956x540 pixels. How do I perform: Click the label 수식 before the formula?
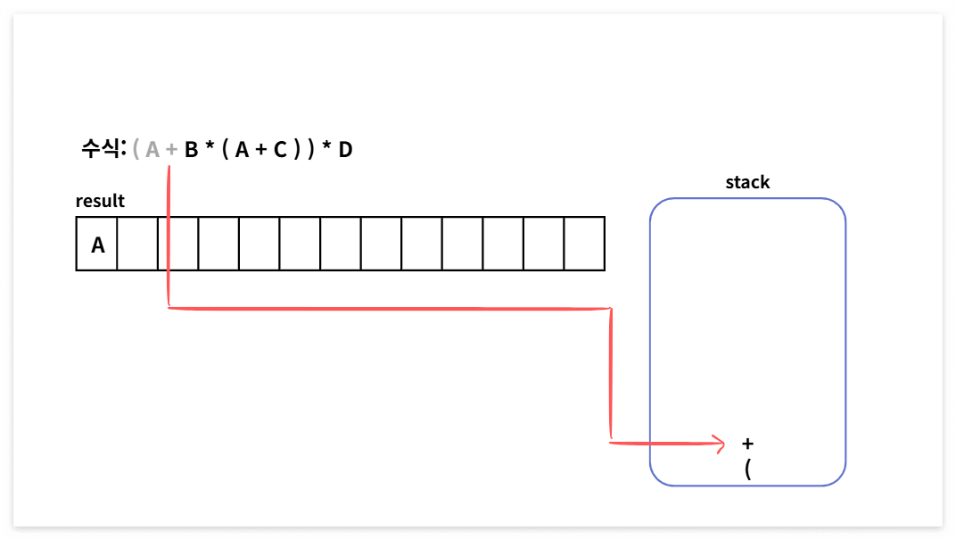[103, 149]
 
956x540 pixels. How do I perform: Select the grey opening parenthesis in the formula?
[136, 150]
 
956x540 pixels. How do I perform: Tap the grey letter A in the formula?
[152, 150]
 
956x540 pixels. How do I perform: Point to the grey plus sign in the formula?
[171, 150]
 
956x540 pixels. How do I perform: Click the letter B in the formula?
[191, 150]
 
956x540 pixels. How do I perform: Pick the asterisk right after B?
[210, 148]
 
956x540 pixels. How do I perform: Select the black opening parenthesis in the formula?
[226, 150]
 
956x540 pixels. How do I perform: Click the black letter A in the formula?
[242, 150]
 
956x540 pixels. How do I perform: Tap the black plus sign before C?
[261, 150]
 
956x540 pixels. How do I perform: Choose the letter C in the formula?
[280, 150]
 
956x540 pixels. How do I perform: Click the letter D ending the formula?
[345, 150]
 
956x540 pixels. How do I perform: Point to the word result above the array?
[100, 201]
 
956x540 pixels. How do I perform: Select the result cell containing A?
[97, 243]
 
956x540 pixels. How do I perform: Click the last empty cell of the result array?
[584, 243]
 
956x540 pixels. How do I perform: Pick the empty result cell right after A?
[137, 243]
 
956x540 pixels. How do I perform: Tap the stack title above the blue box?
[747, 182]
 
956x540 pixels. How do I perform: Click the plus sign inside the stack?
[747, 443]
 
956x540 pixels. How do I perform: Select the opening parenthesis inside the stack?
[747, 469]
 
